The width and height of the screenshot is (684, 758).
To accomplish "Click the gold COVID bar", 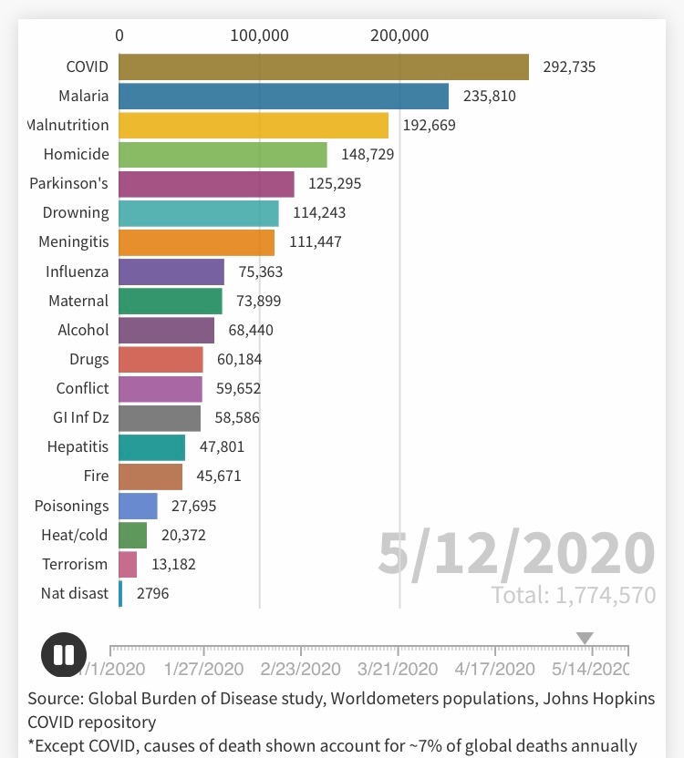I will tap(324, 67).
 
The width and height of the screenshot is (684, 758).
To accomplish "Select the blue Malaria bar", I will tap(284, 97).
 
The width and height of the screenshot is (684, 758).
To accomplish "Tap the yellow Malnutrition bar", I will tap(254, 126).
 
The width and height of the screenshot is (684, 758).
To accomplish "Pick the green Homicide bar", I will tap(223, 155).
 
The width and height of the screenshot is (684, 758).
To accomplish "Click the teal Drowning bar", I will tap(199, 213).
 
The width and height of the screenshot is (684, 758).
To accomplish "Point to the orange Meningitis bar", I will tap(196, 242).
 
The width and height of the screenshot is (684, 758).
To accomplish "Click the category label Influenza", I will tap(77, 271).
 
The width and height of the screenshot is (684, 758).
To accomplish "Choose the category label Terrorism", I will tap(75, 565).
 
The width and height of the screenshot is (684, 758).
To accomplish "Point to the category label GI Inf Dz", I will tap(80, 418).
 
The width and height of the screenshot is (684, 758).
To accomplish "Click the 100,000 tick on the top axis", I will tap(260, 36).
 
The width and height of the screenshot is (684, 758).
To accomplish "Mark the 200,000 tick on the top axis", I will tap(399, 36).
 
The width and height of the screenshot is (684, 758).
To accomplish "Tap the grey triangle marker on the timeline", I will tap(585, 639).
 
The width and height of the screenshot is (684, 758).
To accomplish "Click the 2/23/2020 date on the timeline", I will tap(301, 670).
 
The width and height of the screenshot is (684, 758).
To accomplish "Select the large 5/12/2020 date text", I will tap(516, 553).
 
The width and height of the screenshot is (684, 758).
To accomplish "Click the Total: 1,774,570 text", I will tap(573, 596).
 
